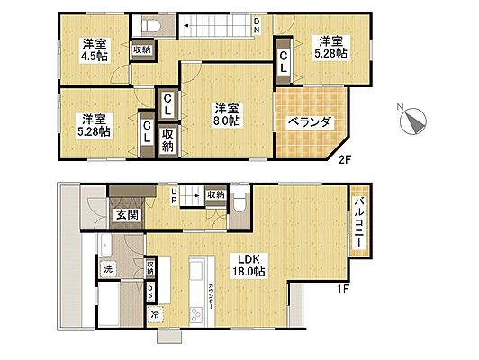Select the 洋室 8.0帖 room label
pyautogui.click(x=226, y=114)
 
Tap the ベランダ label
pyautogui.click(x=310, y=123)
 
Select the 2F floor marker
pyautogui.click(x=344, y=161)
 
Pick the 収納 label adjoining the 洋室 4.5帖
pyautogui.click(x=141, y=50)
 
